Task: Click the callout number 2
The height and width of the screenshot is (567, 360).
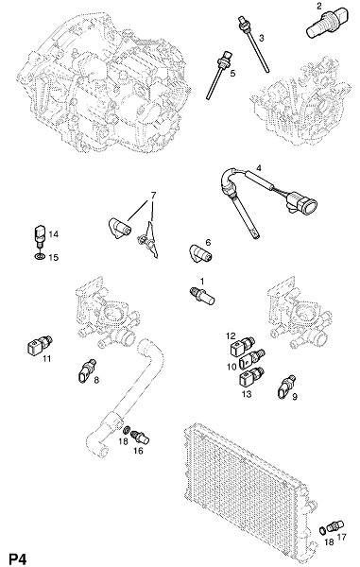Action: tap(318, 6)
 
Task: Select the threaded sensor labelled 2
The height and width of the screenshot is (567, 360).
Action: tap(329, 23)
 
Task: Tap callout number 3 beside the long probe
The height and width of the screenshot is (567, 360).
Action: tap(262, 37)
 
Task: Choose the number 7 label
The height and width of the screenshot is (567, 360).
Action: tap(153, 196)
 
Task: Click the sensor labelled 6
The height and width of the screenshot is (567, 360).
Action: tap(200, 253)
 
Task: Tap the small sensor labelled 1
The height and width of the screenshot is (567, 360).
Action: tap(202, 296)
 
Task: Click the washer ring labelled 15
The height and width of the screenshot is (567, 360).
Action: tap(40, 256)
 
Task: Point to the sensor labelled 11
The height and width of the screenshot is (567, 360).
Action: tap(40, 345)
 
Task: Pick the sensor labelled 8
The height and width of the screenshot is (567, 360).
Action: tap(86, 371)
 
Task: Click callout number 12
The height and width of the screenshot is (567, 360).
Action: tap(231, 335)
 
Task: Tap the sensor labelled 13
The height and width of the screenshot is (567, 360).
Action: tap(251, 377)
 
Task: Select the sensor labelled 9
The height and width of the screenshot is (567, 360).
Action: tap(286, 387)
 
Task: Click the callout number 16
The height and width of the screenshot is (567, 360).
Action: tap(138, 451)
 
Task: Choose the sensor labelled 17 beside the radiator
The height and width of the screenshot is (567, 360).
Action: tap(335, 526)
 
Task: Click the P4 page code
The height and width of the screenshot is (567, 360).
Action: tap(17, 559)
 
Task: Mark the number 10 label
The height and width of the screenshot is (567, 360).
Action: tap(231, 367)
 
